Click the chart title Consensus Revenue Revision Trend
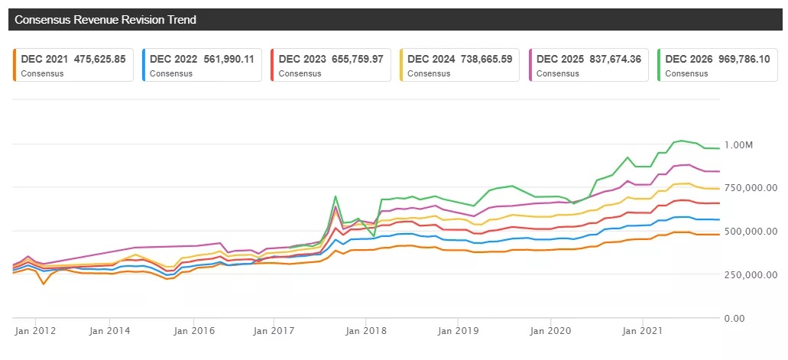tap(106, 20)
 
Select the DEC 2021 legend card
tap(74, 65)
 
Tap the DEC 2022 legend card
tap(203, 65)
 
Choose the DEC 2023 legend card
tap(331, 65)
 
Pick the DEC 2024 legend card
tap(459, 65)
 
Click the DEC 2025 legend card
tap(589, 65)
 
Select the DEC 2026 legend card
tap(717, 65)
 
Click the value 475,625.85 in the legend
tap(95, 58)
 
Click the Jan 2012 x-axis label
tap(34, 331)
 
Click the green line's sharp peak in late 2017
tap(336, 196)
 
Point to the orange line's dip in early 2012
tap(44, 284)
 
